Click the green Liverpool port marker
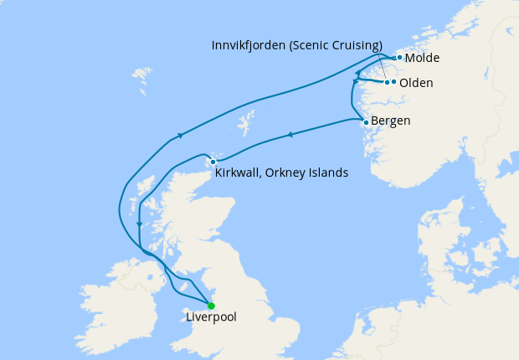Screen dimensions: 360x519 [211, 306]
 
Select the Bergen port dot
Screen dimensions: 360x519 [366, 122]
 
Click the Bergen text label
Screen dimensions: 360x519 [390, 121]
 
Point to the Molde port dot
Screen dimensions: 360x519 [399, 58]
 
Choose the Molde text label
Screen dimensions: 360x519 [422, 58]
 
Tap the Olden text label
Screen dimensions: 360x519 [416, 83]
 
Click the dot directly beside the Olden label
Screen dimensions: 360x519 [394, 82]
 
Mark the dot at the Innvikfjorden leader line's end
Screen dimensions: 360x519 [387, 82]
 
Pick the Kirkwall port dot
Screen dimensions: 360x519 [213, 162]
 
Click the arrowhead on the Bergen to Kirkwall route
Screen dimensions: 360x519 [290, 134]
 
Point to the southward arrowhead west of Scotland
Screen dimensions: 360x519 [138, 223]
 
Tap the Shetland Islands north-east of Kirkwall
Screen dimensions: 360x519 [246, 125]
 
